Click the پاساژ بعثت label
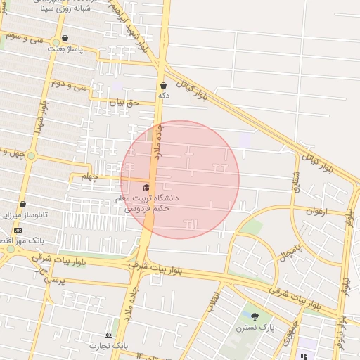[65, 49]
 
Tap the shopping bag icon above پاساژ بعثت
[65, 39]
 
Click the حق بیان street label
[125, 103]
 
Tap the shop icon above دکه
[163, 85]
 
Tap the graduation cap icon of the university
[146, 187]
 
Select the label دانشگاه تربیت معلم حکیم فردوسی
[147, 203]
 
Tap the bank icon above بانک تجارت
[108, 335]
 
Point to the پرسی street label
[53, 280]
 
